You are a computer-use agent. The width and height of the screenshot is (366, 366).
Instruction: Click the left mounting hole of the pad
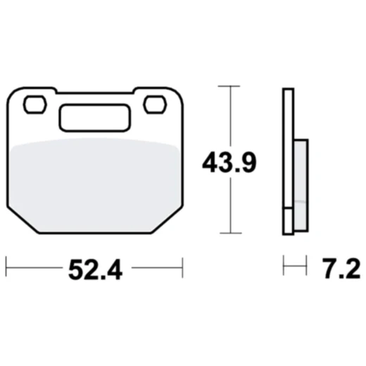click(33, 105)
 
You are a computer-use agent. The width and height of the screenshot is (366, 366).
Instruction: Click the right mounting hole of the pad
click(153, 104)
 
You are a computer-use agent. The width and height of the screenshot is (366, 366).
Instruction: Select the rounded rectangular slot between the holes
click(93, 118)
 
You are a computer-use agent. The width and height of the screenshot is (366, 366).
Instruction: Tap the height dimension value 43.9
click(229, 163)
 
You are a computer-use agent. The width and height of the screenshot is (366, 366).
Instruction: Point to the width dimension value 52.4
click(94, 268)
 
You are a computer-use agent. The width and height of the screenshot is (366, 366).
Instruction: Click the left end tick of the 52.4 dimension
click(6, 267)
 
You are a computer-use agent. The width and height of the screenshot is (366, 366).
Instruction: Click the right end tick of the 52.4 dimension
click(182, 267)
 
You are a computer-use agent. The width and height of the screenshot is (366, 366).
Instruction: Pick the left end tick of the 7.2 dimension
click(284, 267)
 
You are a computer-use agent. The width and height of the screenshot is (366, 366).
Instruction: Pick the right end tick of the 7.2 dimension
click(308, 267)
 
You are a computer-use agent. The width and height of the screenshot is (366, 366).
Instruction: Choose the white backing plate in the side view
click(287, 161)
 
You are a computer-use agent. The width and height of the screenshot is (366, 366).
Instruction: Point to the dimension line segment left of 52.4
click(35, 267)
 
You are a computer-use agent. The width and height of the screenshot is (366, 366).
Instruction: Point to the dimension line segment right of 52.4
click(156, 267)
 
